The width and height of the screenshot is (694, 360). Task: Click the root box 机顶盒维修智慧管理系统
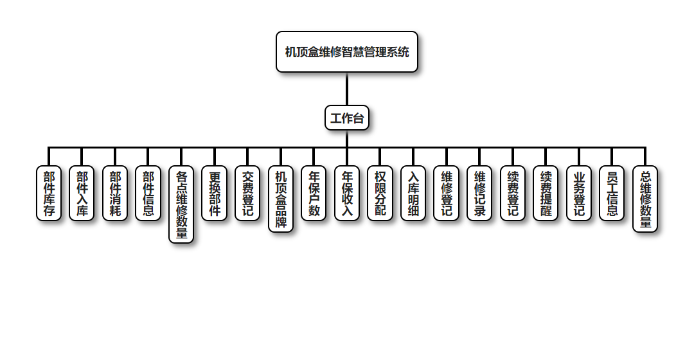tap(347, 52)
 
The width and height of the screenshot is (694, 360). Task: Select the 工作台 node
tap(347, 118)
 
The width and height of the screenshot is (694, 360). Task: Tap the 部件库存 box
tap(49, 194)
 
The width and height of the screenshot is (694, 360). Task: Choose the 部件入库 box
tap(82, 194)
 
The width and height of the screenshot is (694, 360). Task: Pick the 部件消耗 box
tap(115, 194)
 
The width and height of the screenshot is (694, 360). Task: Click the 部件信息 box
tap(148, 194)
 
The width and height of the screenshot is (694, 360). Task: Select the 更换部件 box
tap(215, 194)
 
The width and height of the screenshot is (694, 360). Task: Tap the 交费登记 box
tap(247, 194)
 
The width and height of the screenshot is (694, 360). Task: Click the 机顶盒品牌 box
tap(281, 199)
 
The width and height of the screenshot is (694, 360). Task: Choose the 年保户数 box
tap(314, 194)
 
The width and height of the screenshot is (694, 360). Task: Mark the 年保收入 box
tap(347, 194)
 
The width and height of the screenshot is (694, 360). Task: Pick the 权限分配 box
tap(380, 194)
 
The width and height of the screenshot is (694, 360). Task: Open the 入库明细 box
tap(413, 194)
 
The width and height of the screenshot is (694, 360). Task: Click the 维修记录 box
tap(479, 194)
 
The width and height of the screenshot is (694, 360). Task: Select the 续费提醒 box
tap(546, 194)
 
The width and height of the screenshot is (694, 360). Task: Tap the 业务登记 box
tap(579, 194)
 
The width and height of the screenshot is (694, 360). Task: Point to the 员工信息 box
tap(612, 194)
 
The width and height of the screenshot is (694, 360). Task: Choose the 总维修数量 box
tap(645, 199)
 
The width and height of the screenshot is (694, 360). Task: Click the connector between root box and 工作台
tap(347, 89)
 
